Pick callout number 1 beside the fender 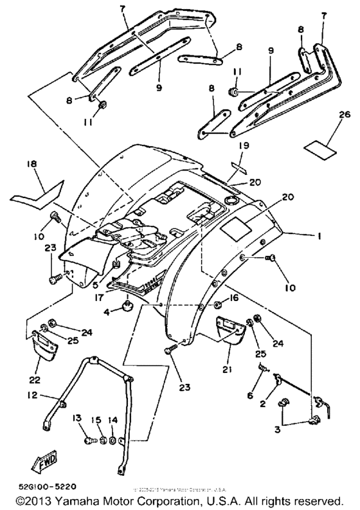(x=318, y=236)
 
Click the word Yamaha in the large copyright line (x=71, y=499)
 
